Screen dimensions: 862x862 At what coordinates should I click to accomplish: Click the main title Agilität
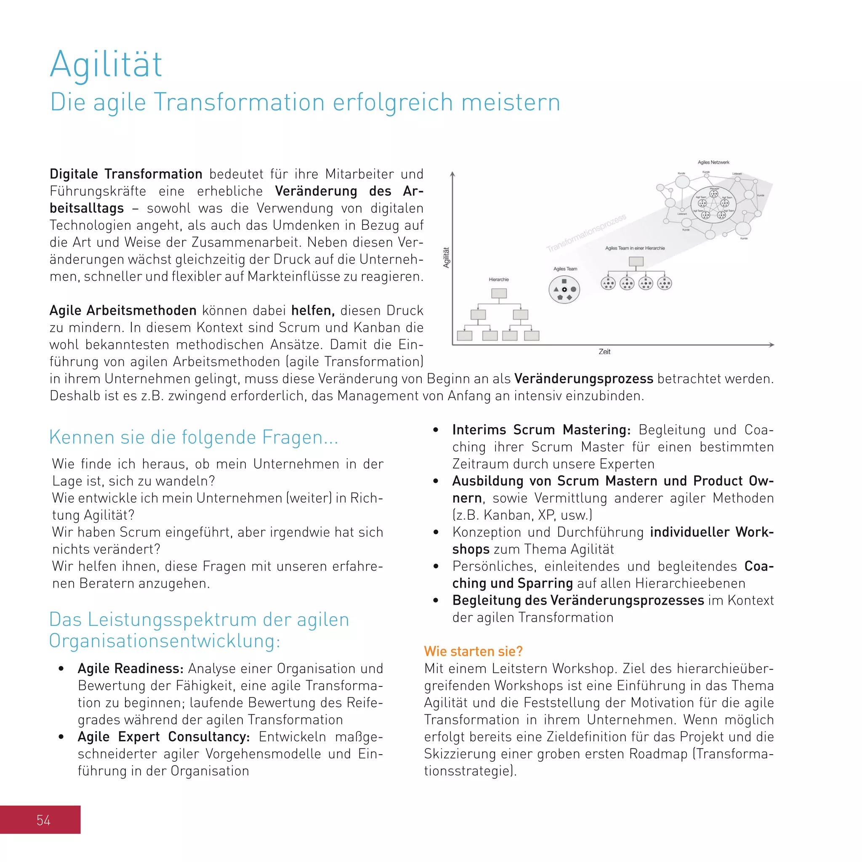[106, 65]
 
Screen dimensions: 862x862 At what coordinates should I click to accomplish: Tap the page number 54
[43, 820]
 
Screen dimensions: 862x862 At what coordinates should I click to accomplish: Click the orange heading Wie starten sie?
[473, 652]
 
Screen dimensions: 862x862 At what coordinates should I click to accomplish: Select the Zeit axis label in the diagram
[604, 352]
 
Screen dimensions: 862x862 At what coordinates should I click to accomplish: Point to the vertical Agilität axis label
[446, 258]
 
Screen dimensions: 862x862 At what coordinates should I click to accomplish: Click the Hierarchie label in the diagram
[498, 280]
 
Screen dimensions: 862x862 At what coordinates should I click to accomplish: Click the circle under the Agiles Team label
[564, 290]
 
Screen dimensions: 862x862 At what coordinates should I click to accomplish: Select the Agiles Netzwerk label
[713, 162]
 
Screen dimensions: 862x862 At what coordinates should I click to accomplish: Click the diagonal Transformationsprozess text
[586, 233]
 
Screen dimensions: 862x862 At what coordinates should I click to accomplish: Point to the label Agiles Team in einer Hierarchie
[634, 248]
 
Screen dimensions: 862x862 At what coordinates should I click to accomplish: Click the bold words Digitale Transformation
[126, 174]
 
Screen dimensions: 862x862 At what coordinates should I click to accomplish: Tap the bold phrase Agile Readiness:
[130, 668]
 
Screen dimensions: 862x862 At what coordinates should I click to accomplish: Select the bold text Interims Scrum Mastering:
[541, 430]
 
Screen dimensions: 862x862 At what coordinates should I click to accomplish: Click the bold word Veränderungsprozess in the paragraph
[584, 379]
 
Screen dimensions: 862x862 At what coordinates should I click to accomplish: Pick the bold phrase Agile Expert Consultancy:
[163, 737]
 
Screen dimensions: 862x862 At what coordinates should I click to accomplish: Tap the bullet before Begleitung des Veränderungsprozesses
[436, 601]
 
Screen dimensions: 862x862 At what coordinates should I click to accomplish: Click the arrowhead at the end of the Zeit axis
[772, 345]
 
